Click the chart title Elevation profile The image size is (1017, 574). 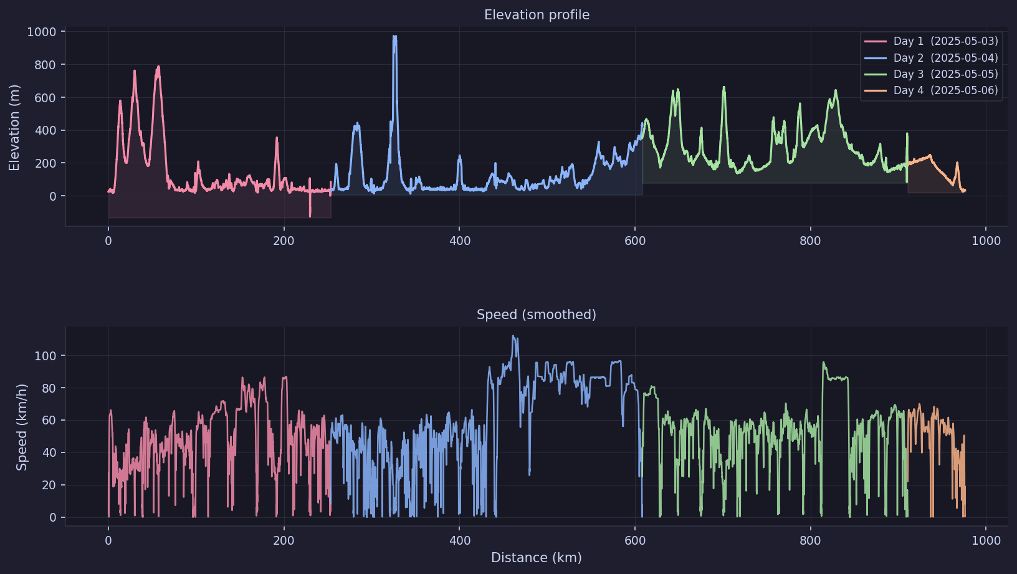click(x=537, y=15)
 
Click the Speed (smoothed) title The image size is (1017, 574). click(x=536, y=315)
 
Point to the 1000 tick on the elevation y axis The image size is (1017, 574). click(x=41, y=32)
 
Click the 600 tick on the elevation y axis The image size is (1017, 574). click(x=44, y=98)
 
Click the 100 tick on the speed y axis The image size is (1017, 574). click(x=45, y=356)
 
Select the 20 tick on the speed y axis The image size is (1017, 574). click(x=49, y=485)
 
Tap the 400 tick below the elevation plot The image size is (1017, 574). click(x=460, y=241)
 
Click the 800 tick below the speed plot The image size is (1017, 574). click(x=810, y=540)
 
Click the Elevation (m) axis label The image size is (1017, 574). click(x=14, y=127)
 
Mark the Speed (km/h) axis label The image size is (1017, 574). click(x=22, y=427)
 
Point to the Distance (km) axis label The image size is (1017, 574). click(x=536, y=558)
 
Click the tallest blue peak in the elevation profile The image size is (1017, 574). click(x=394, y=37)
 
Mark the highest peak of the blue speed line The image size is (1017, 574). click(x=513, y=337)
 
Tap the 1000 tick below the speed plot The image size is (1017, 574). click(x=986, y=540)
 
